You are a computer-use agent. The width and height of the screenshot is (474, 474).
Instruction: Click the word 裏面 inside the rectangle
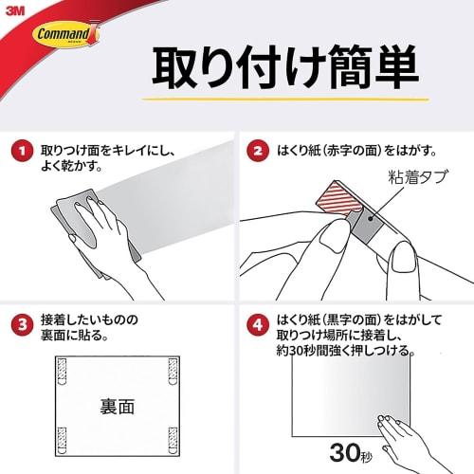click(118, 407)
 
